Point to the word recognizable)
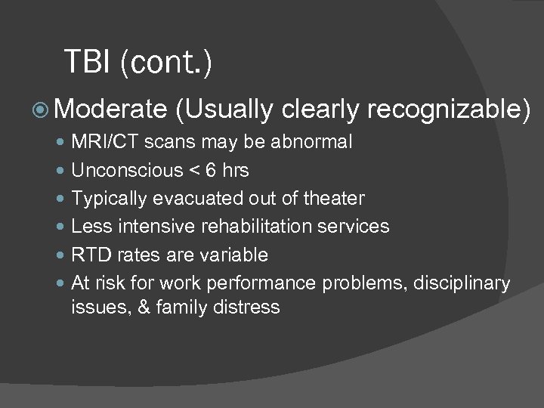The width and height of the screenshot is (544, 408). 449,111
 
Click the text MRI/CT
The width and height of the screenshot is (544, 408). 100,142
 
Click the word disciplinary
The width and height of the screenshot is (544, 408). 464,283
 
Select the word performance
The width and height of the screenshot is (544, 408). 274,283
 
